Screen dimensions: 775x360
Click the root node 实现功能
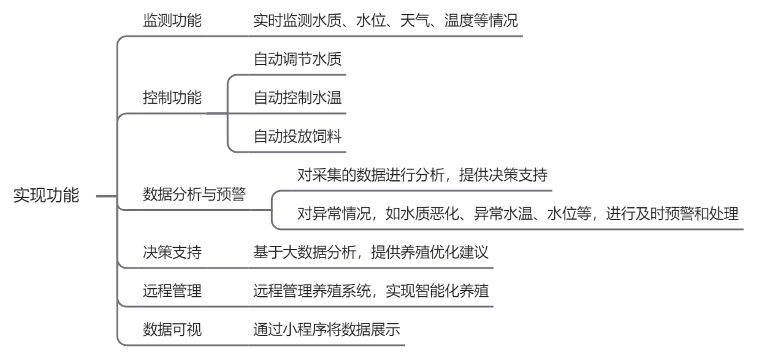(x=47, y=195)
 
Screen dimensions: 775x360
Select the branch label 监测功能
(x=172, y=20)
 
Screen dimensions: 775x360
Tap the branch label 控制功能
(x=172, y=98)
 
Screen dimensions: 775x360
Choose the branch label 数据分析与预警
(x=194, y=194)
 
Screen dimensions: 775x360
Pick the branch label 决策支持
(x=172, y=252)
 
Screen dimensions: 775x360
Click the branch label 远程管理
(x=172, y=291)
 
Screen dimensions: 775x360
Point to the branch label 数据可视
(x=172, y=329)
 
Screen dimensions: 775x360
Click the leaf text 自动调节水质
(x=297, y=59)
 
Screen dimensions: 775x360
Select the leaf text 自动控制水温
(x=297, y=98)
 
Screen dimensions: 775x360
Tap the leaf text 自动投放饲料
(x=297, y=136)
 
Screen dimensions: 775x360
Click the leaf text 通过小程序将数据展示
(x=327, y=329)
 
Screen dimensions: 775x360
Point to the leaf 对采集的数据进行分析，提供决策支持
(x=422, y=175)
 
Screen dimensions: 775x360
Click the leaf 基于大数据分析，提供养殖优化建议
(x=371, y=252)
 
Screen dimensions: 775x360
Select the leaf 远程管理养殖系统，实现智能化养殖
(x=371, y=291)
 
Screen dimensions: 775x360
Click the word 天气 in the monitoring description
(x=415, y=20)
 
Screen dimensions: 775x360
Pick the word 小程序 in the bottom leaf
(x=305, y=329)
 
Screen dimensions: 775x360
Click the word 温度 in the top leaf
(x=459, y=20)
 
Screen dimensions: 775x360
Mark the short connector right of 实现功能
(x=107, y=196)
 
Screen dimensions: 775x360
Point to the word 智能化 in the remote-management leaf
(x=437, y=291)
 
